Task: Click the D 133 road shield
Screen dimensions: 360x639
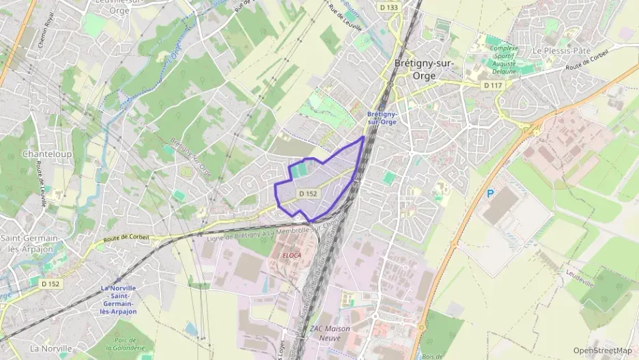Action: click(x=388, y=7)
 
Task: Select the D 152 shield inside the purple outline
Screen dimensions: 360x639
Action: click(x=308, y=194)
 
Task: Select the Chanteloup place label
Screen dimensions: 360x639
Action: click(x=43, y=154)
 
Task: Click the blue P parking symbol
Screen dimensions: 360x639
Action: click(x=490, y=194)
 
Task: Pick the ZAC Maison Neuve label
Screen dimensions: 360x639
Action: click(x=330, y=333)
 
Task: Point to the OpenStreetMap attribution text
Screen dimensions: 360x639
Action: click(x=603, y=351)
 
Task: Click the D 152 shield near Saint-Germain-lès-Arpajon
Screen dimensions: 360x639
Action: click(x=50, y=283)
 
